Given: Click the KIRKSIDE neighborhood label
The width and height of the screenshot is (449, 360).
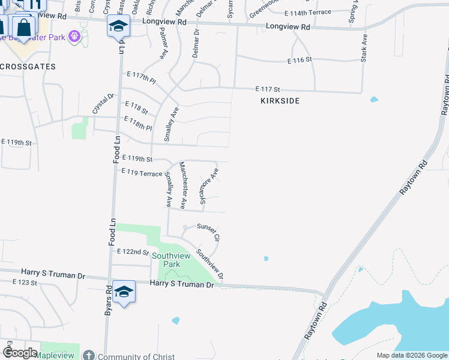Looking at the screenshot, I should click(280, 101).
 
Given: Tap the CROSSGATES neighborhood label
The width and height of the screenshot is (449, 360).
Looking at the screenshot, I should click(28, 67).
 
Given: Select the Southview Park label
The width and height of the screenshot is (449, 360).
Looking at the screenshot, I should click(166, 260).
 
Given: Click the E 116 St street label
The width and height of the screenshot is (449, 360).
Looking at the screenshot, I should click(300, 60).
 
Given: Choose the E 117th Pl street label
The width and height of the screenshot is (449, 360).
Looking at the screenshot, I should click(141, 77).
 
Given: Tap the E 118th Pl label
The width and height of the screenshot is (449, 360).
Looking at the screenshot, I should click(137, 124).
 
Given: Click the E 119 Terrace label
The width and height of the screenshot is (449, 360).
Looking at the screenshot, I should click(142, 173).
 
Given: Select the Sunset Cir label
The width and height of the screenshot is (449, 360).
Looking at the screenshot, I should click(209, 232).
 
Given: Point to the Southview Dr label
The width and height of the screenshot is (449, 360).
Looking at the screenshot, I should click(210, 264).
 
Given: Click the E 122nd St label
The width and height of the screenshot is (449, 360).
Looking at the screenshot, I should click(133, 252).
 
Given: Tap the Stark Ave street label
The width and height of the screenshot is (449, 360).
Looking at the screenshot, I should click(364, 47).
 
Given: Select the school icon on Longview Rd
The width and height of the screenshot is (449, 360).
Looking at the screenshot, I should click(118, 26).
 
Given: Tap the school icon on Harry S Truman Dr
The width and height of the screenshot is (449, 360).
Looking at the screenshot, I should click(124, 292).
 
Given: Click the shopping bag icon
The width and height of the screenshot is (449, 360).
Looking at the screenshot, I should click(23, 26).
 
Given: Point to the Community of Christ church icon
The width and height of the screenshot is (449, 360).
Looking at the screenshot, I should click(89, 356).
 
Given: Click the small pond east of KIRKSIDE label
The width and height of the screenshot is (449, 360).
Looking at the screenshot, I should click(375, 100).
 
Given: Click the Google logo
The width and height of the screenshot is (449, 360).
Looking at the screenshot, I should click(20, 352).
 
